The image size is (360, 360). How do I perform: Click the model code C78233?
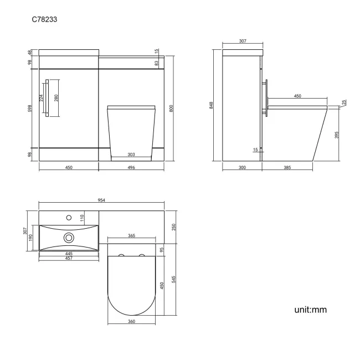point(45,19)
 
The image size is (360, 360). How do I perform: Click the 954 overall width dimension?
point(101,200)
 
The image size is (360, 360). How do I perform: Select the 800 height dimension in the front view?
point(172,109)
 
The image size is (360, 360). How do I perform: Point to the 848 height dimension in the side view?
point(211,105)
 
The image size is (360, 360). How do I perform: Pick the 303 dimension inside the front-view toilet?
point(132,155)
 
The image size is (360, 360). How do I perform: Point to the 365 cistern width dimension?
point(132,236)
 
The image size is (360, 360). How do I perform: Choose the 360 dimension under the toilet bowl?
point(132,321)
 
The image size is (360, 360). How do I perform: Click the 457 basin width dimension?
point(69,258)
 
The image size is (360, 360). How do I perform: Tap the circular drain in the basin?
point(69,238)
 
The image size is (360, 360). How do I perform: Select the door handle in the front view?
point(47,98)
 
